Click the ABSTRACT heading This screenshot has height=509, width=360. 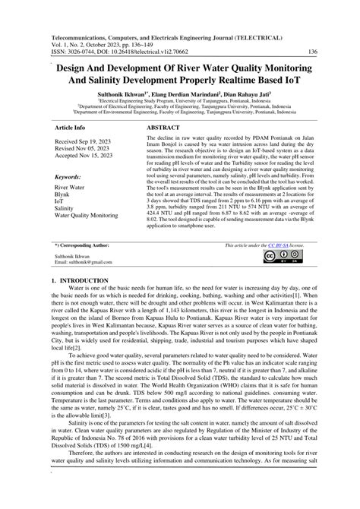(163, 128)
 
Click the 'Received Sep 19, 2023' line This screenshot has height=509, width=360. (89, 143)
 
